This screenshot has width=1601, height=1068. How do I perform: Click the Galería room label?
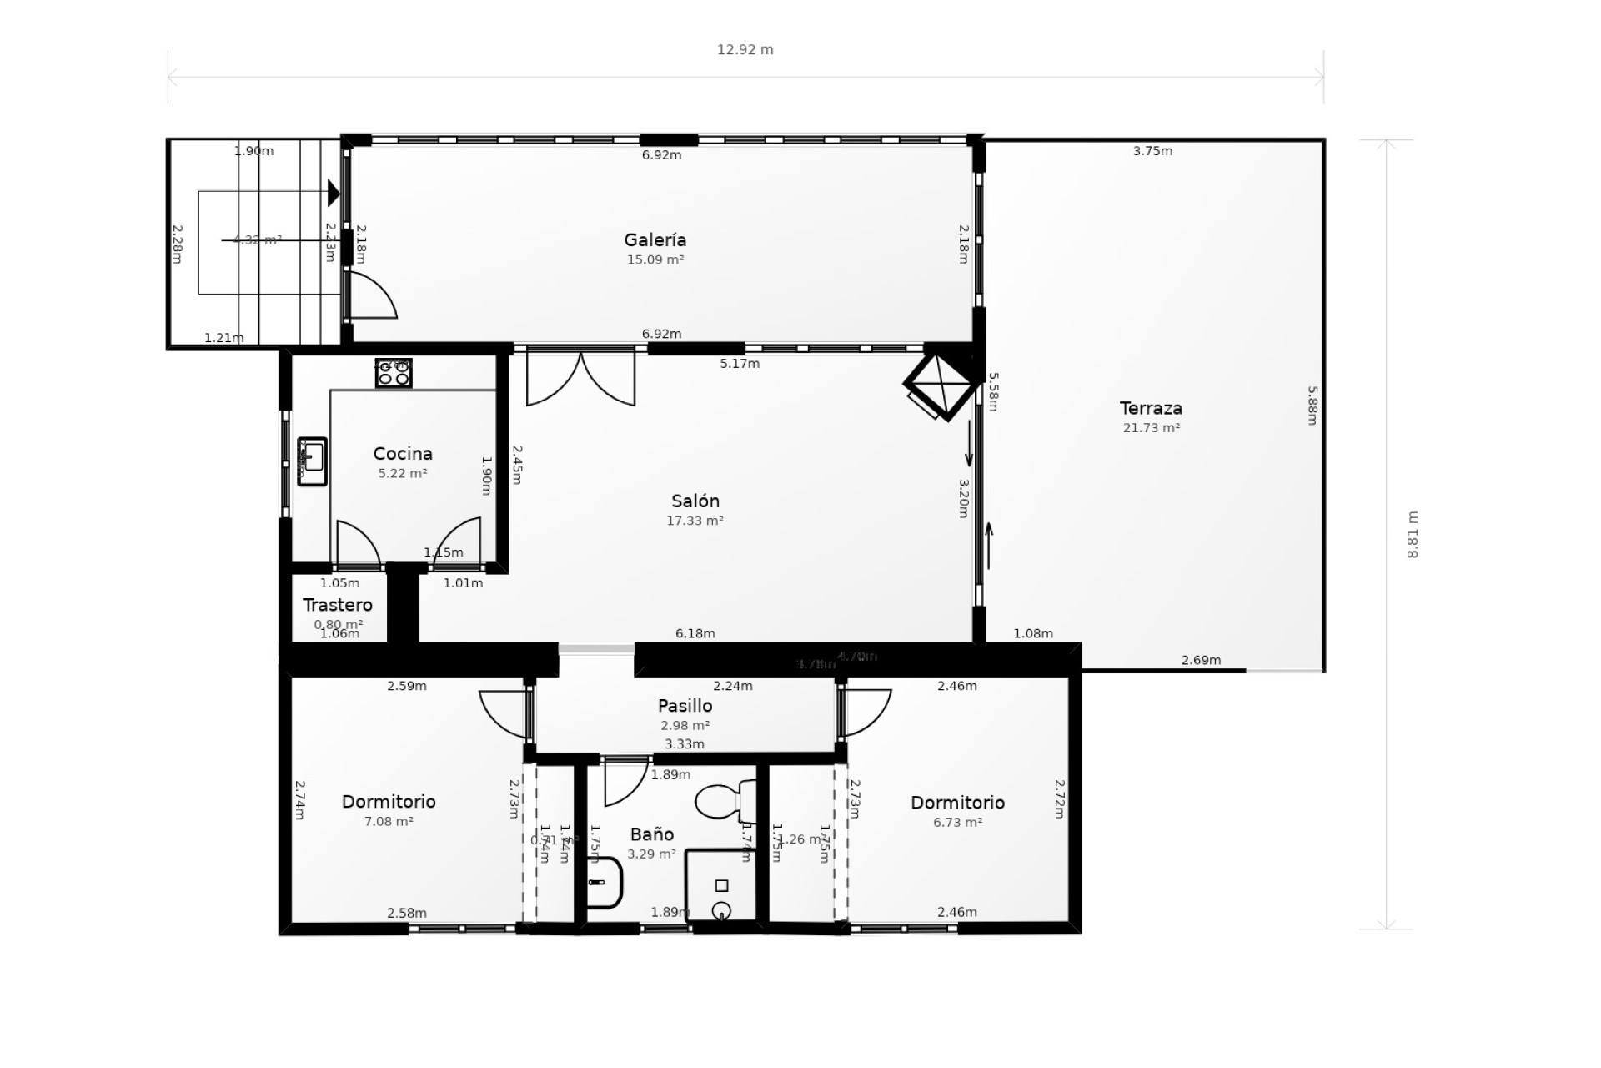655,240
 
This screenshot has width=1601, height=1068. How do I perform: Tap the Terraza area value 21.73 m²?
1151,428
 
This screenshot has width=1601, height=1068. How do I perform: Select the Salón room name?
695,501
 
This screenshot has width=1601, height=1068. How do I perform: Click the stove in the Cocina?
394,373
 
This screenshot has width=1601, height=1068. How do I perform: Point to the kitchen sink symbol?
312,461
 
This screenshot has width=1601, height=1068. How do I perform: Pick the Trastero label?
337,606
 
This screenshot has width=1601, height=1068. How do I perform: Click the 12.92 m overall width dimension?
745,50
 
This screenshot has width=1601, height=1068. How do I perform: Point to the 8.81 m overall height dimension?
1413,535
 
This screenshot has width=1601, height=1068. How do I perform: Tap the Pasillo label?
685,706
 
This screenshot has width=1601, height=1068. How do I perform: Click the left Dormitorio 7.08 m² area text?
389,822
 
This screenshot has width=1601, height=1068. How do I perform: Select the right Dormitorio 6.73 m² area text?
957,823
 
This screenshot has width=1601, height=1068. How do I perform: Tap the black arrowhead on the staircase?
334,193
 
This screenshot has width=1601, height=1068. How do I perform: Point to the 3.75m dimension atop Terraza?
1152,152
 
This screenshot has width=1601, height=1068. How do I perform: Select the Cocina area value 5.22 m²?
402,473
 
